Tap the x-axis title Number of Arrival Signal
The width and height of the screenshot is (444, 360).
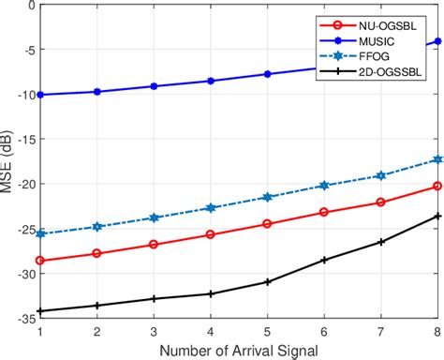(x=239, y=350)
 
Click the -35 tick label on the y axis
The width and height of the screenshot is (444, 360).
(x=23, y=320)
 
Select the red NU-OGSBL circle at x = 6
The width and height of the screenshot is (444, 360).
(x=324, y=212)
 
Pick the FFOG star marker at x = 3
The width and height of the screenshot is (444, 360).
(x=154, y=217)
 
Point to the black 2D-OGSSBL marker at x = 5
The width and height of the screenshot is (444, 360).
(x=267, y=282)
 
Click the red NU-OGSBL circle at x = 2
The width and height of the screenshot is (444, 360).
(x=96, y=253)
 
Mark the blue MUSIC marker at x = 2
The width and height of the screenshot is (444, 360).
(x=96, y=92)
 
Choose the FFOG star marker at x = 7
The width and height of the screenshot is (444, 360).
(x=381, y=175)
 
